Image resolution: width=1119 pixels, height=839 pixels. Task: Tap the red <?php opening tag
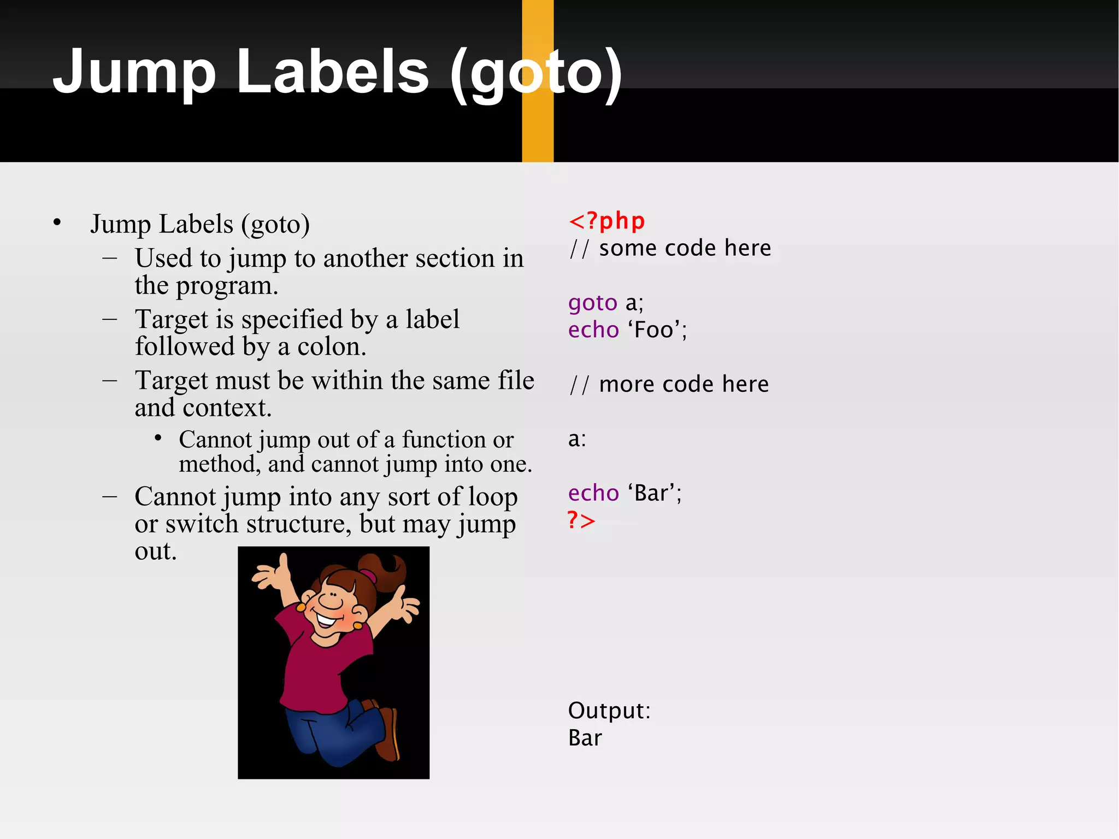(x=606, y=221)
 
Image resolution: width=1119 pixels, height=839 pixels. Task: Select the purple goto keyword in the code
(x=592, y=303)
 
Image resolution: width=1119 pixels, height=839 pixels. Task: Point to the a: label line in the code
(x=577, y=439)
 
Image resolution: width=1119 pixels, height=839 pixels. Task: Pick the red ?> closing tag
(x=581, y=520)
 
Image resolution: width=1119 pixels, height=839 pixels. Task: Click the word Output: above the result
(x=609, y=711)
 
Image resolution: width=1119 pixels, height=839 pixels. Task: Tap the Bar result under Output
(x=585, y=738)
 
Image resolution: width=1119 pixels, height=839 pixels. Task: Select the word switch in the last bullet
(x=200, y=524)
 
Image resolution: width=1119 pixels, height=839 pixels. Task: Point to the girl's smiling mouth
(x=326, y=620)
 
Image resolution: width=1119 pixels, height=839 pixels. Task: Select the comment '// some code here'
(x=669, y=249)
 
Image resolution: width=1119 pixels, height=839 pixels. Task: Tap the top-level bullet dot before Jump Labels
(x=57, y=222)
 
